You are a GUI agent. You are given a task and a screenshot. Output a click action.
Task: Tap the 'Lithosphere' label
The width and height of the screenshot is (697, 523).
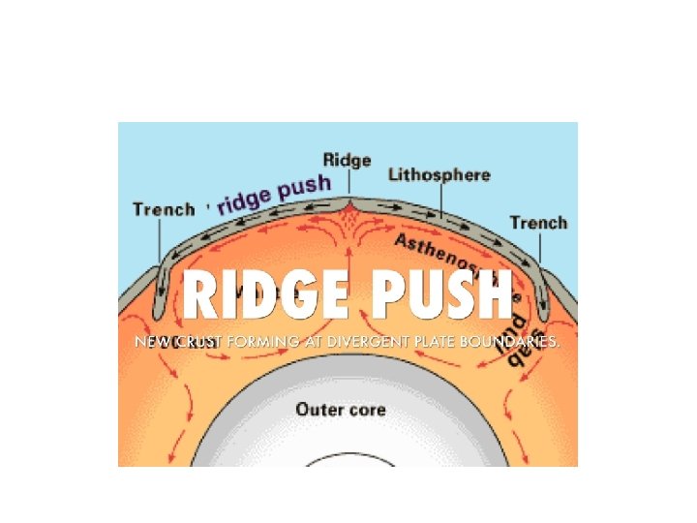(x=439, y=176)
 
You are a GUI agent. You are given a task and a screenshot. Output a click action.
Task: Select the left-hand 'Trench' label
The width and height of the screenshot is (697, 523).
(x=164, y=208)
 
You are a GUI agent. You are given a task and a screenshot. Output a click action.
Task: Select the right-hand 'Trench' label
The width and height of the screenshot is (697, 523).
(x=538, y=223)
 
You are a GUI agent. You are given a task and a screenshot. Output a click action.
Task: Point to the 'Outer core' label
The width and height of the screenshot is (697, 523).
(x=341, y=409)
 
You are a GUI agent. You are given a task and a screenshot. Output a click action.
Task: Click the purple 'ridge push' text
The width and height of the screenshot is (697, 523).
(x=276, y=194)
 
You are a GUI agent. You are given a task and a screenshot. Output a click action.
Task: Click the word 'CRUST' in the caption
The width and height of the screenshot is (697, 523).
(x=197, y=342)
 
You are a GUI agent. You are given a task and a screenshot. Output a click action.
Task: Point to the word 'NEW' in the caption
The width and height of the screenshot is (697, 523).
(x=153, y=342)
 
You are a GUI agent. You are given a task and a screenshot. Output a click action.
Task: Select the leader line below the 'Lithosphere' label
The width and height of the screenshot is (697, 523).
(x=439, y=200)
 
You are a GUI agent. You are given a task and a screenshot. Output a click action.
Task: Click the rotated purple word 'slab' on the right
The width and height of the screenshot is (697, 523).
(x=515, y=339)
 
